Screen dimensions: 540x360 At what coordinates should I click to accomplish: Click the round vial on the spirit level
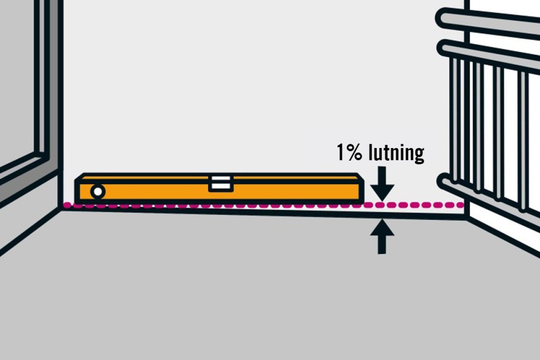(98, 192)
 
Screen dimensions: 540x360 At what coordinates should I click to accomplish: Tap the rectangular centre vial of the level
(221, 183)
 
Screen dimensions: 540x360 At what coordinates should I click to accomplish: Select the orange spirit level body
(219, 188)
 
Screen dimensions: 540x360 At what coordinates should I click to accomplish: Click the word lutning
(396, 153)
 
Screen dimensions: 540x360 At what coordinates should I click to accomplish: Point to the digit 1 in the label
(341, 152)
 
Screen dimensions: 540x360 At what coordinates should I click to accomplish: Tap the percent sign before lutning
(354, 152)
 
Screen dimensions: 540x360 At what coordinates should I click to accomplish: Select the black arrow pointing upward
(382, 236)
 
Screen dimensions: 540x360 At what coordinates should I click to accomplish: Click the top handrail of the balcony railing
(487, 21)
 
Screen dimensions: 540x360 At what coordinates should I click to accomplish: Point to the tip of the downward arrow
(382, 200)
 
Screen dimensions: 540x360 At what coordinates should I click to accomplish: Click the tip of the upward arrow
(382, 220)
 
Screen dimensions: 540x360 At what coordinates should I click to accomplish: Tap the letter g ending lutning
(419, 155)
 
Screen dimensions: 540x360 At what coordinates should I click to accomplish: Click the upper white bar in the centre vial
(221, 179)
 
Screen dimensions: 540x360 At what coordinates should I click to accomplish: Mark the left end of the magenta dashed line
(66, 205)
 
